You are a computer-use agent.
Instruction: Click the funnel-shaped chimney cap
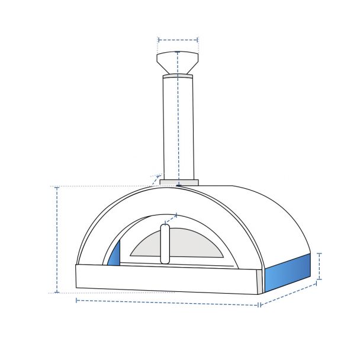(x=178, y=62)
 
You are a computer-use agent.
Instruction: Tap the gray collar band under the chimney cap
(x=178, y=76)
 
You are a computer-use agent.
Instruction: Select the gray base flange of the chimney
(x=178, y=182)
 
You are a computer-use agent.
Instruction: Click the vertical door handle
(x=165, y=244)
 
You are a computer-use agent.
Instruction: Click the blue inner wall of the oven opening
(x=114, y=255)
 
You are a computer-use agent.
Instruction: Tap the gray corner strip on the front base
(x=260, y=282)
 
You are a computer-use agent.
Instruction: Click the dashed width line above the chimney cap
(x=178, y=40)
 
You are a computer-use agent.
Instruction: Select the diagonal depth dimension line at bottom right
(x=289, y=294)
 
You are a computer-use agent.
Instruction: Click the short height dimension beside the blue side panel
(x=320, y=266)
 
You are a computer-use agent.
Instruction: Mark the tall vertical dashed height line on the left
(x=57, y=240)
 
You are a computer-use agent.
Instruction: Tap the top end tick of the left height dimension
(x=57, y=187)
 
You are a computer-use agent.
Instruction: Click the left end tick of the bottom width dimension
(x=77, y=300)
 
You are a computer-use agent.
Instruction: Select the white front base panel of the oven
(x=166, y=278)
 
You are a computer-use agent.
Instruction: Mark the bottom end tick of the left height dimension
(x=57, y=292)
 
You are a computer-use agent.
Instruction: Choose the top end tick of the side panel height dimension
(x=320, y=253)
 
